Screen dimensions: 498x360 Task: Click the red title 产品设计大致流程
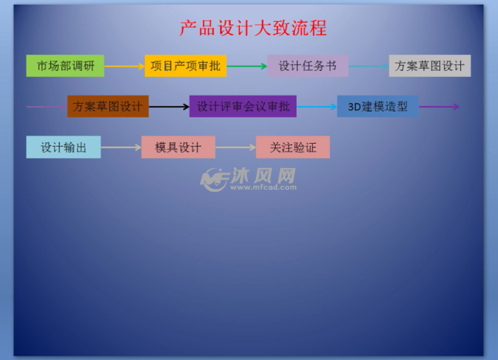253,28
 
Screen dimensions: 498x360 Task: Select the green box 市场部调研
65,66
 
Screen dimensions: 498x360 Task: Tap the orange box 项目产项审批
185,66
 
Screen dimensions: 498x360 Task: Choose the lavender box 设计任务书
307,66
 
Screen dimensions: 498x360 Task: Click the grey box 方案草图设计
430,66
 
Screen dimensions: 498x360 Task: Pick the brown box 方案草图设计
108,106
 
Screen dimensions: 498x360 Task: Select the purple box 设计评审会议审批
243,106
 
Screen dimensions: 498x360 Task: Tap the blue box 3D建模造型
378,106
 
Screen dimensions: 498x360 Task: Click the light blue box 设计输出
64,147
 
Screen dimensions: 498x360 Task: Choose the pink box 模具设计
178,147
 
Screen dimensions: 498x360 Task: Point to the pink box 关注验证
293,147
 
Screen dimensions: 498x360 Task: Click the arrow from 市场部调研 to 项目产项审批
124,66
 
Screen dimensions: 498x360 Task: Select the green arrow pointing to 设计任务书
247,66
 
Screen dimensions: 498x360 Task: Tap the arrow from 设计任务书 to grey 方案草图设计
369,66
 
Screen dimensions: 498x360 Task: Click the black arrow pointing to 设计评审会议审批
169,107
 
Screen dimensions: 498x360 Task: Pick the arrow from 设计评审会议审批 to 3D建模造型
316,107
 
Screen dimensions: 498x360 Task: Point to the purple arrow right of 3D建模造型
439,107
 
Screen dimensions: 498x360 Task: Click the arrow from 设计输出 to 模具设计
121,148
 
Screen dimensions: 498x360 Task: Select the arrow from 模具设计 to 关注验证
236,148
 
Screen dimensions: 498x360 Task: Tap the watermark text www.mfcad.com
264,188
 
